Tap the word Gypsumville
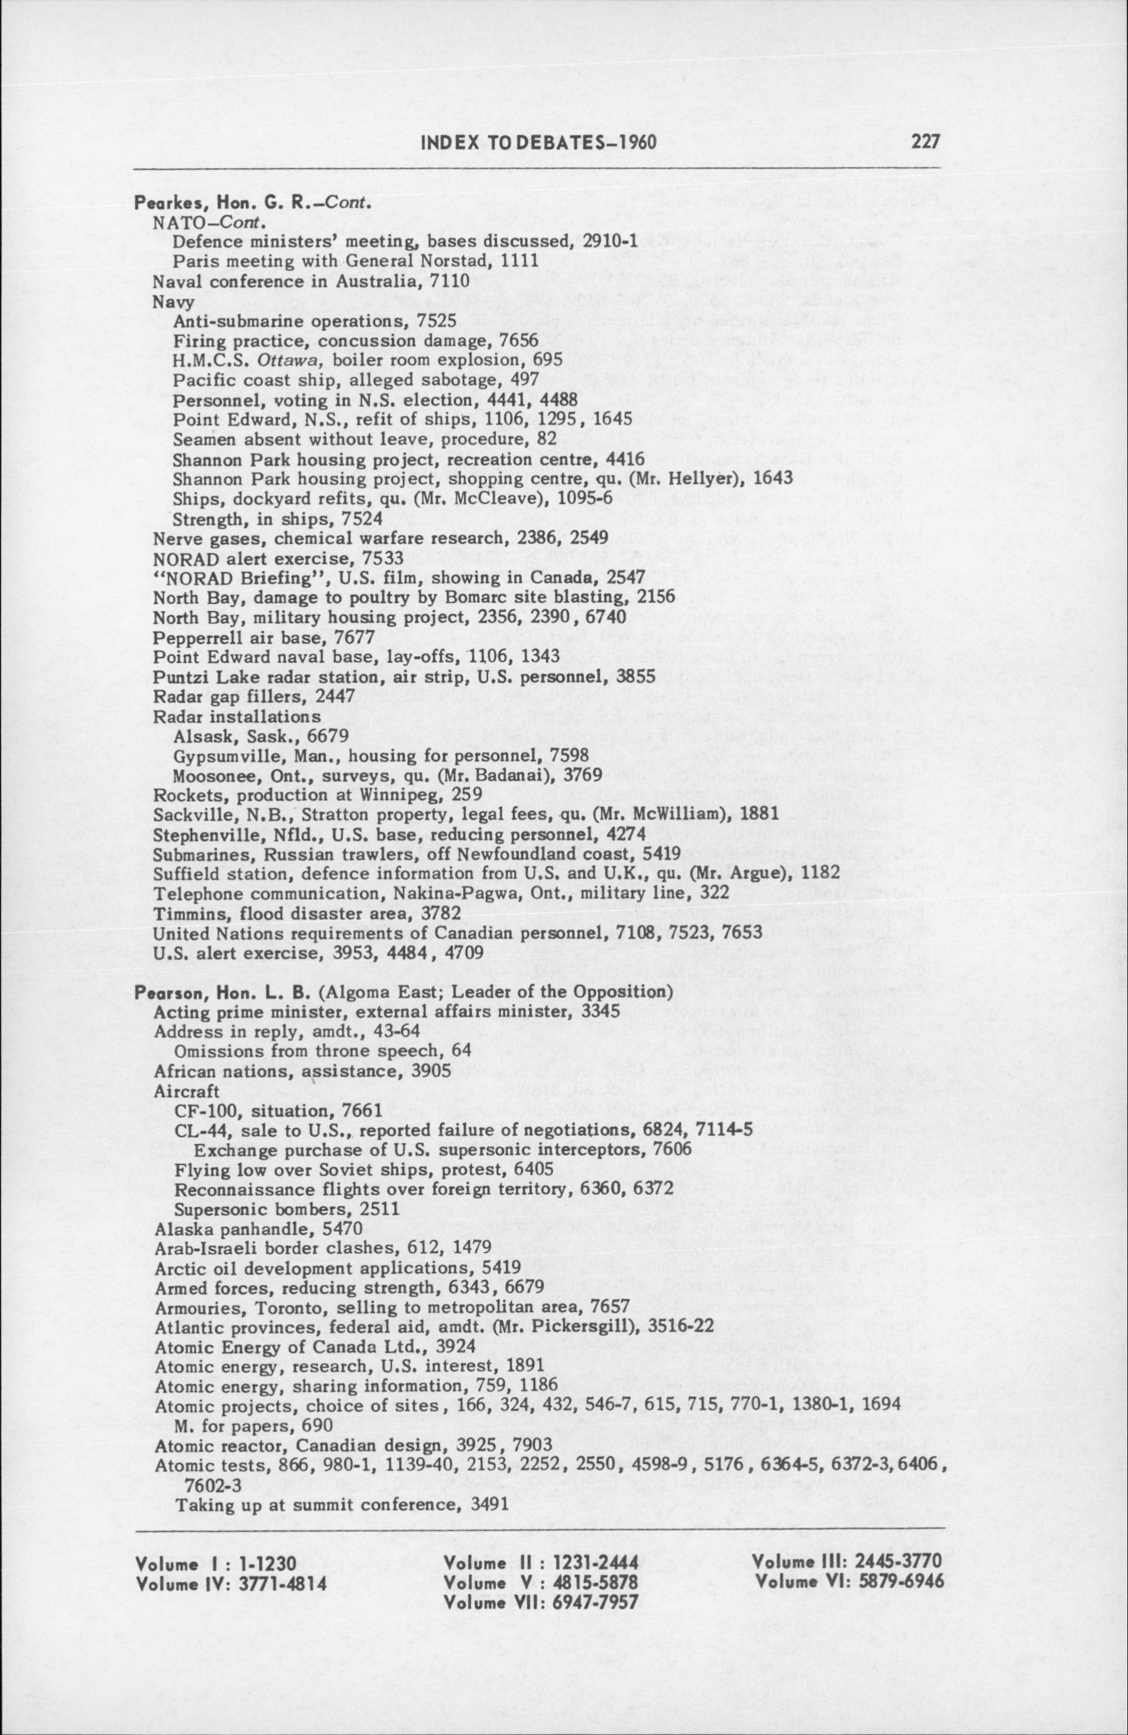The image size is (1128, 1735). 217,754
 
